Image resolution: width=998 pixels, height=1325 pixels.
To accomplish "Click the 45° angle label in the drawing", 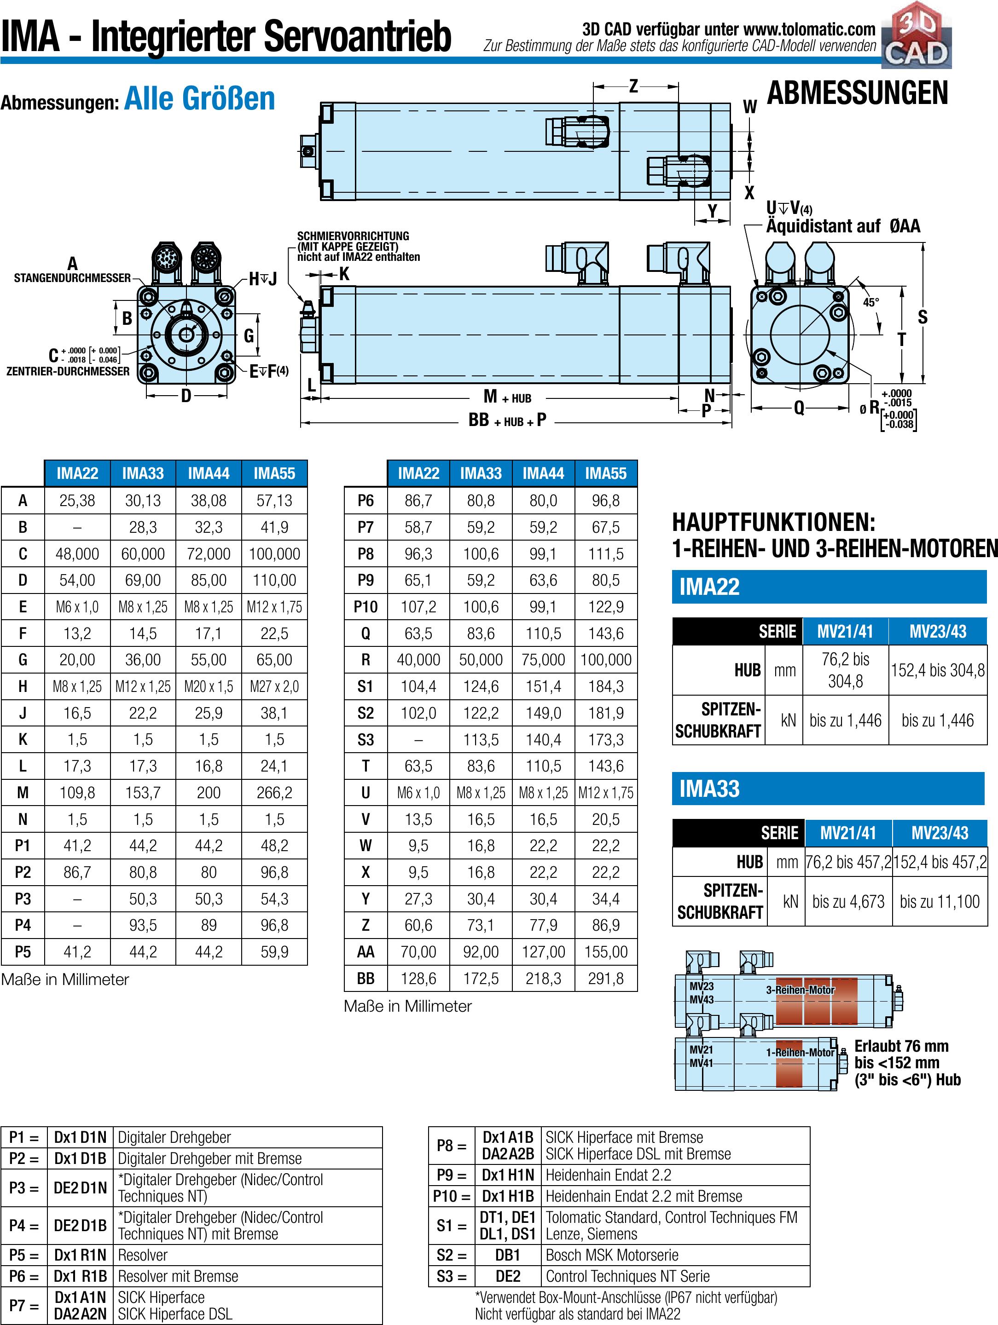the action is click(871, 303).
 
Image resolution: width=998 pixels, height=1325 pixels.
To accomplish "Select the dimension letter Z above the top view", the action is click(633, 86).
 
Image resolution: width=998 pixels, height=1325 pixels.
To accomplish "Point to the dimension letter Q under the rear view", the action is click(799, 408).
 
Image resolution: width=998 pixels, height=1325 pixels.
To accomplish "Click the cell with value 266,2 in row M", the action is click(274, 793).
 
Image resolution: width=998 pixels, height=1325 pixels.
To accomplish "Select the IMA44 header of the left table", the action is click(209, 473).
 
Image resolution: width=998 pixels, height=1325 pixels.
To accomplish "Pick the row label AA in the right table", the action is click(366, 952).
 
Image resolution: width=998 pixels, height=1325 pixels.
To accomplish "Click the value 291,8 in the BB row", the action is click(606, 978).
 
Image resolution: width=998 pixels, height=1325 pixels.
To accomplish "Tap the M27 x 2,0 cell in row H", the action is click(274, 686).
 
